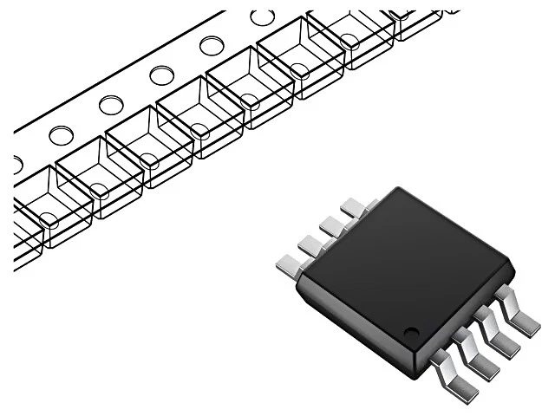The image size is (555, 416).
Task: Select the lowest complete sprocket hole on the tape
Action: [x=61, y=135]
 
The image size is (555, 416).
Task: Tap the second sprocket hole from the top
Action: [x=211, y=45]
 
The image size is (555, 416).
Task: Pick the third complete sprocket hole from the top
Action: [x=161, y=75]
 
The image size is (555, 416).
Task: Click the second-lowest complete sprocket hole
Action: [x=111, y=105]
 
